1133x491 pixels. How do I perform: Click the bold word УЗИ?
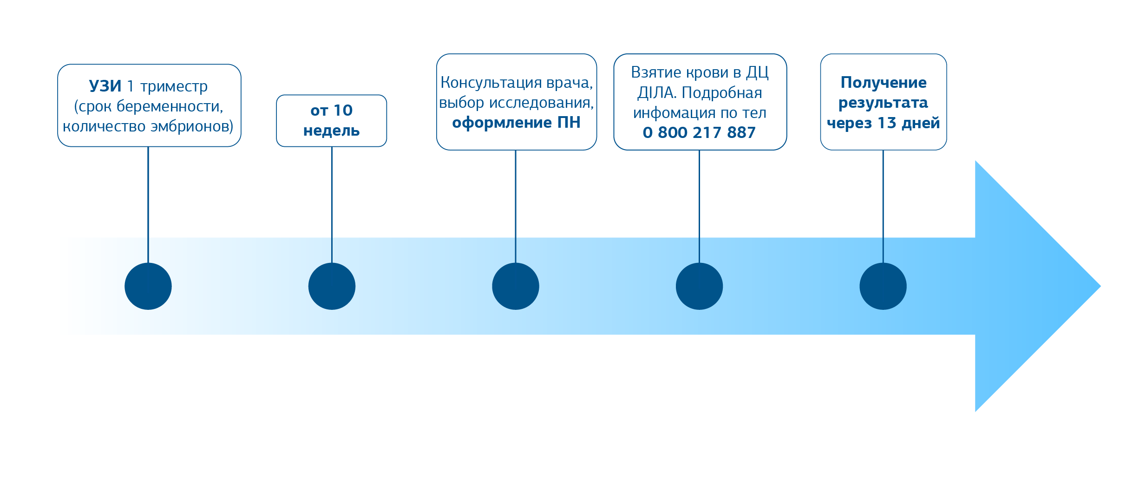[x=105, y=86]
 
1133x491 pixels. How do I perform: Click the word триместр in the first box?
[x=174, y=86]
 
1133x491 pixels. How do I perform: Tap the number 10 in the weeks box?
[x=343, y=111]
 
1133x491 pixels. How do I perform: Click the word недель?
[x=331, y=131]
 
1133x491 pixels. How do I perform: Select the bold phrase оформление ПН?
[x=516, y=123]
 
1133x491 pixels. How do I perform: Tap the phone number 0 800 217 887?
[x=699, y=133]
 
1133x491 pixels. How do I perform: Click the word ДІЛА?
[x=656, y=93]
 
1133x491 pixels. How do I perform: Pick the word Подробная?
[x=721, y=93]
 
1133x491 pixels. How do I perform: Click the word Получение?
[x=883, y=83]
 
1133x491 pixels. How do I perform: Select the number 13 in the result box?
[x=886, y=123]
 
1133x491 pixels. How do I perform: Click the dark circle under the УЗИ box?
[x=148, y=286]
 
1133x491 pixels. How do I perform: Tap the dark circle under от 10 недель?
[x=332, y=286]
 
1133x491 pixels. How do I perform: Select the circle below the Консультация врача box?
[x=516, y=286]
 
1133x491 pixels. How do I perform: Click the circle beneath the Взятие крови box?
[x=699, y=286]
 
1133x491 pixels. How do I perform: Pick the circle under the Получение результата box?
[x=883, y=286]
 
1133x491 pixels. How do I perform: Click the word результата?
[x=883, y=103]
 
